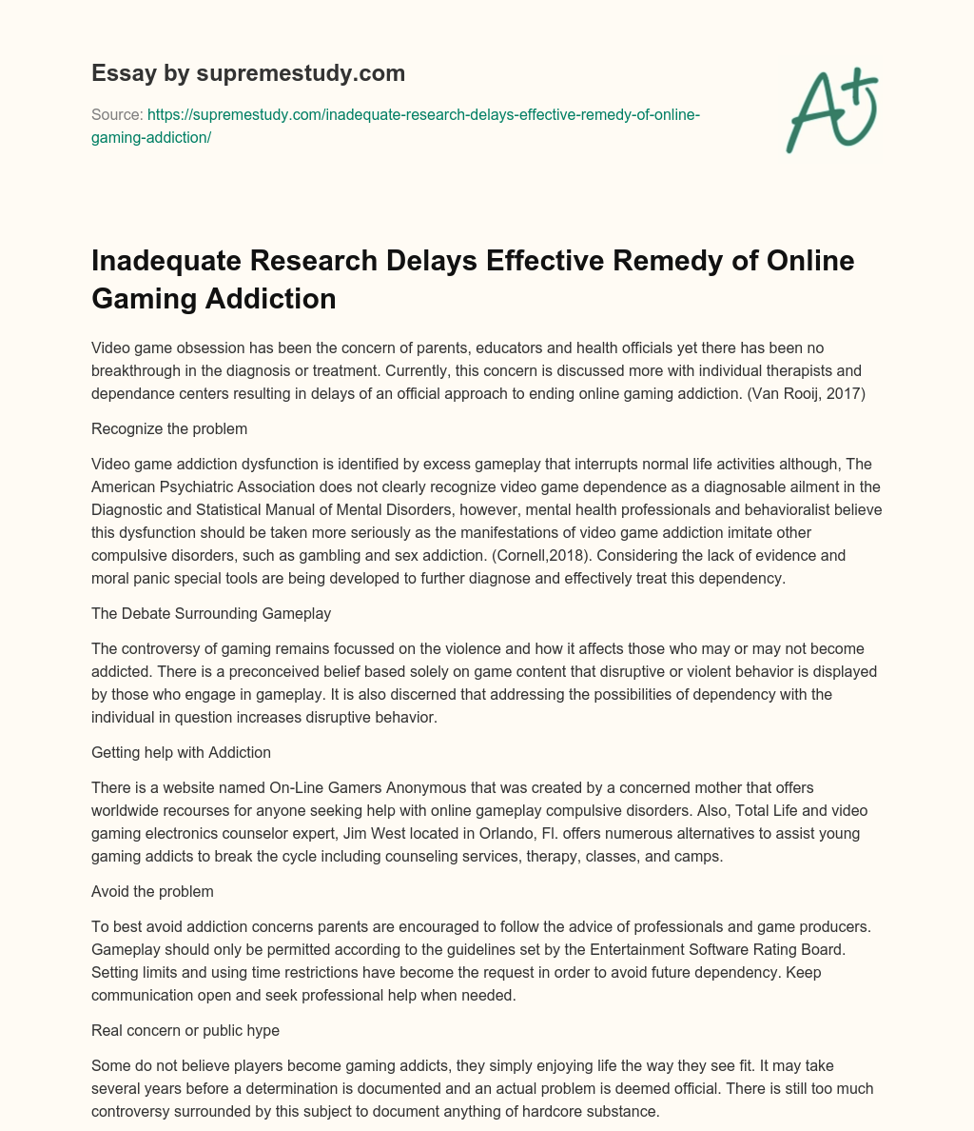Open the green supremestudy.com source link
pyautogui.click(x=396, y=126)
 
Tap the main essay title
pyautogui.click(x=473, y=279)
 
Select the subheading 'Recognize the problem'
pyautogui.click(x=169, y=428)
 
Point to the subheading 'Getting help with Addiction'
pyautogui.click(x=181, y=752)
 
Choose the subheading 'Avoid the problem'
pyautogui.click(x=152, y=891)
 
